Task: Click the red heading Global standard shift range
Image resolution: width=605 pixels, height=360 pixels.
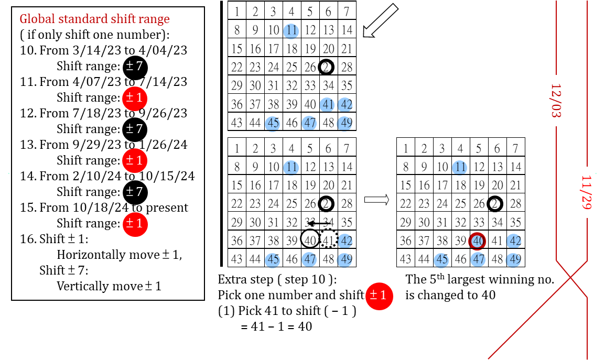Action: pyautogui.click(x=94, y=19)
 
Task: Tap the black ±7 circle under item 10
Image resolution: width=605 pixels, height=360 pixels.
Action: pyautogui.click(x=135, y=67)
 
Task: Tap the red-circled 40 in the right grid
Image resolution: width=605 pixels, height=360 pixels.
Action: pyautogui.click(x=478, y=241)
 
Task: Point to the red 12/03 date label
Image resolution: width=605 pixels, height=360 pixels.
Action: pyautogui.click(x=556, y=100)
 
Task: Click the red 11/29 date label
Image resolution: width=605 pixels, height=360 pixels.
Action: pyautogui.click(x=587, y=192)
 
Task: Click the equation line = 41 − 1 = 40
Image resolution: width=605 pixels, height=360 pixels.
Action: pyautogui.click(x=276, y=326)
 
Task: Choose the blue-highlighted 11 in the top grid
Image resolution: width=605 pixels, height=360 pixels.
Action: pyautogui.click(x=291, y=30)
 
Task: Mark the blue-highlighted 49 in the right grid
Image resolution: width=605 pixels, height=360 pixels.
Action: pyautogui.click(x=515, y=259)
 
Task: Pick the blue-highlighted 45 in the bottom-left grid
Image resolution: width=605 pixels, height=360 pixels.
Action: pyautogui.click(x=273, y=259)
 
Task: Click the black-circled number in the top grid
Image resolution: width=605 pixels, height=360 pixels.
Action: pyautogui.click(x=327, y=67)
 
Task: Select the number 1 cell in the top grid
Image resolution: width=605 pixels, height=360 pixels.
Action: pyautogui.click(x=237, y=12)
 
